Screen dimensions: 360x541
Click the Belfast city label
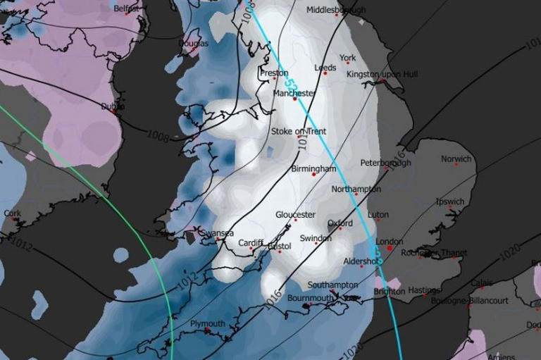tap(126, 8)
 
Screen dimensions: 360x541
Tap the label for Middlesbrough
tap(336, 11)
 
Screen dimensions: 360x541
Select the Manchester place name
tap(294, 93)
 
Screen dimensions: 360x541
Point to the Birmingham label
tap(313, 169)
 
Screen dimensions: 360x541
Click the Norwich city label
tap(456, 159)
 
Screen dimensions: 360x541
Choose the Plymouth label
tap(208, 324)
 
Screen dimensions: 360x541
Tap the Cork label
tap(12, 213)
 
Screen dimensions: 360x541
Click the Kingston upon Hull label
tap(382, 74)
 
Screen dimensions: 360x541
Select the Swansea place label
tap(217, 232)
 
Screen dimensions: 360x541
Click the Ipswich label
tap(450, 201)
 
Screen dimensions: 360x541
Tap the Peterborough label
tap(385, 163)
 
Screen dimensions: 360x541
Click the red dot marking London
tap(389, 249)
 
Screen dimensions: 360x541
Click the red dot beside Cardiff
tap(261, 246)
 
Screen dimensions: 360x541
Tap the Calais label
tap(482, 283)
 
